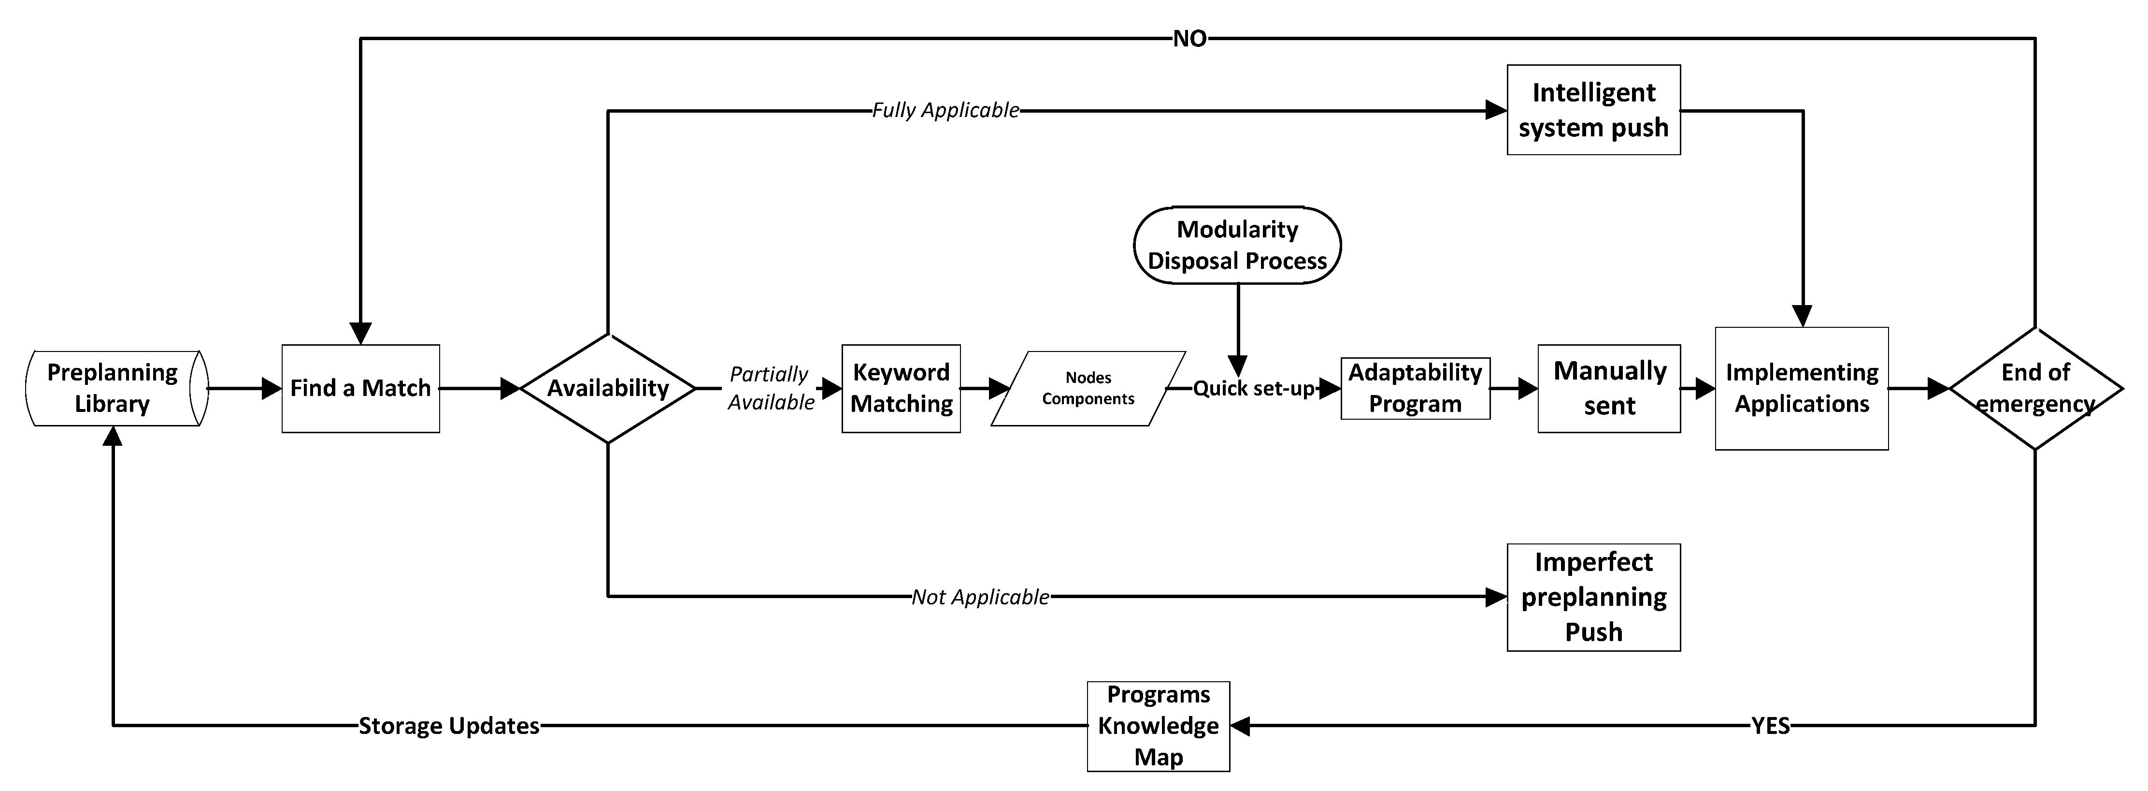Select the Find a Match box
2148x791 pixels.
[x=360, y=388]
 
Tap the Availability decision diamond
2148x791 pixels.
[x=608, y=388]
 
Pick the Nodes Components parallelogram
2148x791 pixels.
[x=1088, y=388]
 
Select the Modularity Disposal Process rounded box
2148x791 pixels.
[x=1237, y=245]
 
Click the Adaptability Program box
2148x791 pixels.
[x=1415, y=388]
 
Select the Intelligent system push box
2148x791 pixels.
[x=1593, y=109]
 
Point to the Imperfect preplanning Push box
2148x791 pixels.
[x=1593, y=597]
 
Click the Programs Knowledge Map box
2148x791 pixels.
[x=1158, y=726]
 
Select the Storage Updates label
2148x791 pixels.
[x=449, y=726]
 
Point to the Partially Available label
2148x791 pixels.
[x=770, y=388]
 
